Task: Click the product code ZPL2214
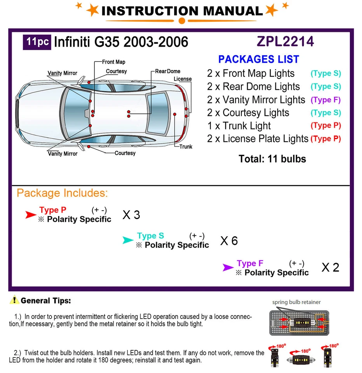click(285, 42)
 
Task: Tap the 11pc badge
click(38, 41)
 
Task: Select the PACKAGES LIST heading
click(258, 59)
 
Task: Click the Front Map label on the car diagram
click(113, 62)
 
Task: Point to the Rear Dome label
click(168, 71)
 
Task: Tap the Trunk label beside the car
click(186, 146)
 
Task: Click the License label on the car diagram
click(183, 79)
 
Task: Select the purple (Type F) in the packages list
click(325, 100)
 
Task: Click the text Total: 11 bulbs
click(272, 159)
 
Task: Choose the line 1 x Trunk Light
click(239, 126)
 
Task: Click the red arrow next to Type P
click(31, 214)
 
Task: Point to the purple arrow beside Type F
click(228, 267)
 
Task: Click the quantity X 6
click(229, 241)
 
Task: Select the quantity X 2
click(330, 267)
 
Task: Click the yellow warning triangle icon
click(14, 300)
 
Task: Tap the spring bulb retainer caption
click(296, 302)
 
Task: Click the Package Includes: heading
click(62, 193)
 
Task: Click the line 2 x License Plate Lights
click(258, 139)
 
